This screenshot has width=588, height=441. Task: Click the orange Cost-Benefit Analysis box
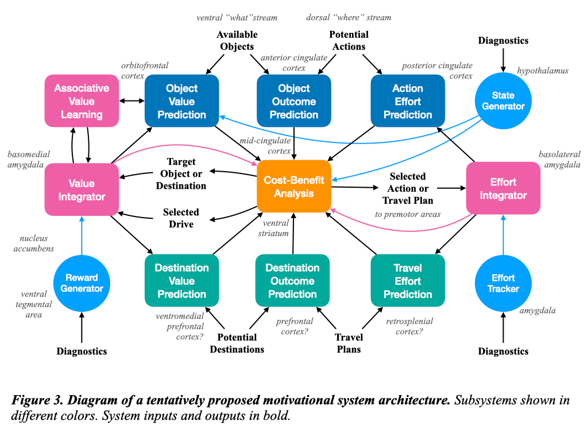(293, 187)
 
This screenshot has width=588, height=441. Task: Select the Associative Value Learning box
(82, 101)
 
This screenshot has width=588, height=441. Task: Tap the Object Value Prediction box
(181, 101)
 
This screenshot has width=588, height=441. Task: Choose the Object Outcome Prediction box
(293, 101)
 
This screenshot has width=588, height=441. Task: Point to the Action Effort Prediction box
(408, 101)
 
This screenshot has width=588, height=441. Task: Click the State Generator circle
(503, 100)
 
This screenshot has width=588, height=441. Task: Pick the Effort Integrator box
(503, 188)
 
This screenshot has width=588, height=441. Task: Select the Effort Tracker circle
(503, 283)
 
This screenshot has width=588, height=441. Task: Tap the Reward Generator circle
(82, 283)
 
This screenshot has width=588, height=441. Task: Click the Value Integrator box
(82, 190)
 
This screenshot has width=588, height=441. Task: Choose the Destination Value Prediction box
(181, 281)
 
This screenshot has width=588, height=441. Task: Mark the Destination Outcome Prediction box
(292, 281)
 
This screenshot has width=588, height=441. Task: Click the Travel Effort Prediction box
(408, 281)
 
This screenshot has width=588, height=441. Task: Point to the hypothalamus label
(543, 71)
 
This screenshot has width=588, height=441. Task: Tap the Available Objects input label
(237, 41)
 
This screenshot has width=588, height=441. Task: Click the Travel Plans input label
(349, 343)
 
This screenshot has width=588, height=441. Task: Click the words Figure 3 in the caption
(34, 400)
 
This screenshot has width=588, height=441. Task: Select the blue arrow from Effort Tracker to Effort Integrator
(503, 235)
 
